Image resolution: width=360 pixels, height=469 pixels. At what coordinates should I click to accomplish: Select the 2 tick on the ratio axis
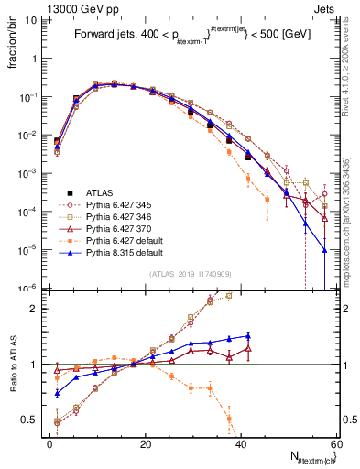coord(38,309)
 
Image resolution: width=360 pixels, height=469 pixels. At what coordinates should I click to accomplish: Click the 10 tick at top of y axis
coord(33,19)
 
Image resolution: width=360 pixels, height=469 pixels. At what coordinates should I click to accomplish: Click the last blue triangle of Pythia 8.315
coord(324,249)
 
